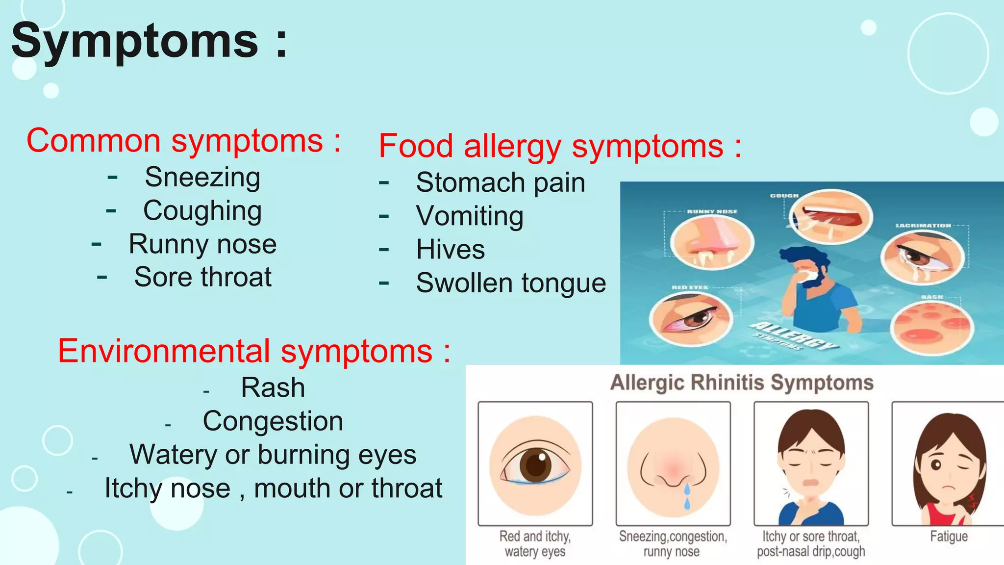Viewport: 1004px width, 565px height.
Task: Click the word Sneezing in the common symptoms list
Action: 202,177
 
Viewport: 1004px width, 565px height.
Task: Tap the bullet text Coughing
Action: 202,211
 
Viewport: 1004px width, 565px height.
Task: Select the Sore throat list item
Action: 202,277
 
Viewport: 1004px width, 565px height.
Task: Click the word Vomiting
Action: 470,216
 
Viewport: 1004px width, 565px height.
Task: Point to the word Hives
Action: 450,249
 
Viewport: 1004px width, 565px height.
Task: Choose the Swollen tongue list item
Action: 511,283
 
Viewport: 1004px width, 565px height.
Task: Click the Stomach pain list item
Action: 501,182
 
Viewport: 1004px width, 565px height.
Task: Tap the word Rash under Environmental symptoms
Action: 273,387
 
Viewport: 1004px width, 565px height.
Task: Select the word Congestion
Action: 273,421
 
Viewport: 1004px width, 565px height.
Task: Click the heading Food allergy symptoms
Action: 560,146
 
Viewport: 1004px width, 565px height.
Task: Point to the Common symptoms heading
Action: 183,141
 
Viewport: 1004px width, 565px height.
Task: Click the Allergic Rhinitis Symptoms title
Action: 741,383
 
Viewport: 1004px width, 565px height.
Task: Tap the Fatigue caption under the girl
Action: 949,537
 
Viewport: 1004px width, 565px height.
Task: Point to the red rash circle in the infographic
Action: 930,327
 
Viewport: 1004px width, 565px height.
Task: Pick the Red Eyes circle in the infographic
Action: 690,319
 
